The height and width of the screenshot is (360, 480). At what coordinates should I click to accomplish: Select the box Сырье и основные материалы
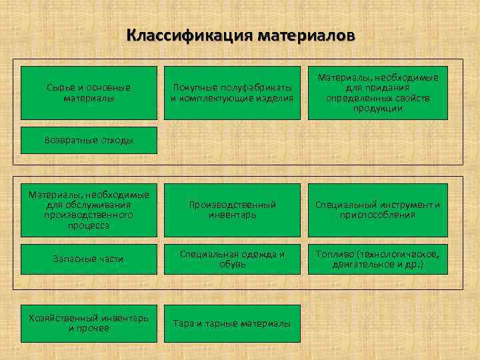89,93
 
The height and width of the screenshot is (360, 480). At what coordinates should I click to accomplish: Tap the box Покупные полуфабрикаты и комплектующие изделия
232,93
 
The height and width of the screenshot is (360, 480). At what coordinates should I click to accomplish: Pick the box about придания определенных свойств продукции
378,93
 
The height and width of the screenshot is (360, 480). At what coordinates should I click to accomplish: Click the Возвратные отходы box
89,140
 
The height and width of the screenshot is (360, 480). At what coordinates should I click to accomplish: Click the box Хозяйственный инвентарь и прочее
89,323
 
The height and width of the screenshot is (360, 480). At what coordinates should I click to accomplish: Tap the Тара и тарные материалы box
232,323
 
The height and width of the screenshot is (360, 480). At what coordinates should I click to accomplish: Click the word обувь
232,264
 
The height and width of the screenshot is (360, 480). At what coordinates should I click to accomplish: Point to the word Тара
183,323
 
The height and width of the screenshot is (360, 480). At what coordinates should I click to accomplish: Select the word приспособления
378,215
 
